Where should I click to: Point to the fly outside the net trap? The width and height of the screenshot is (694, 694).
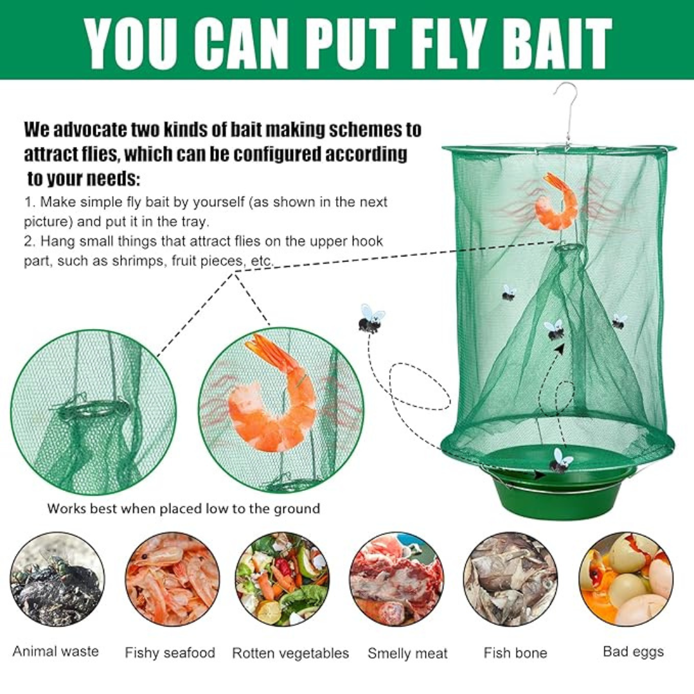(x=371, y=319)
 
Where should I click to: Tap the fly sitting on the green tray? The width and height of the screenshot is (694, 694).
(x=561, y=461)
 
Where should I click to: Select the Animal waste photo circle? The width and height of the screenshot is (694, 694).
(x=57, y=580)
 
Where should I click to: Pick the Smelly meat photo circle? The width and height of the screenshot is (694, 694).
(x=396, y=580)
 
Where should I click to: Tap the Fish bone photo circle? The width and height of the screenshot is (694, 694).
(x=511, y=580)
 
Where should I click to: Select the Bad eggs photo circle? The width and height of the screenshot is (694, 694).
(x=626, y=580)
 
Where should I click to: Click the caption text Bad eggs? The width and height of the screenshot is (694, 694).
(x=634, y=652)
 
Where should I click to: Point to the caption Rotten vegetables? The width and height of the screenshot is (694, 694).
(x=290, y=654)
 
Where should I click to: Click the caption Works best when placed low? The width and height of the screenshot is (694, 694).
(x=139, y=508)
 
